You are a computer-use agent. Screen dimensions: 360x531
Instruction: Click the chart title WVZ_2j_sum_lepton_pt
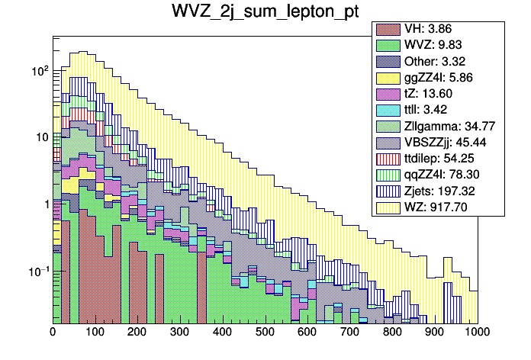tap(265, 14)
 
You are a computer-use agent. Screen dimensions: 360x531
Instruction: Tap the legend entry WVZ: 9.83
tap(443, 45)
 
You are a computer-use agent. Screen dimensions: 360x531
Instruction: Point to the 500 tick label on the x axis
tap(265, 333)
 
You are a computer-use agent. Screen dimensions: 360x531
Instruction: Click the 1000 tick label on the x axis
tap(476, 333)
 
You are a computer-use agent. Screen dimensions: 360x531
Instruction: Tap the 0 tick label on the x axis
tap(53, 333)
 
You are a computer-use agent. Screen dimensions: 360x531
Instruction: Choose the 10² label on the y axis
tap(38, 70)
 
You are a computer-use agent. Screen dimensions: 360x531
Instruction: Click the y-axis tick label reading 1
tap(44, 204)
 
